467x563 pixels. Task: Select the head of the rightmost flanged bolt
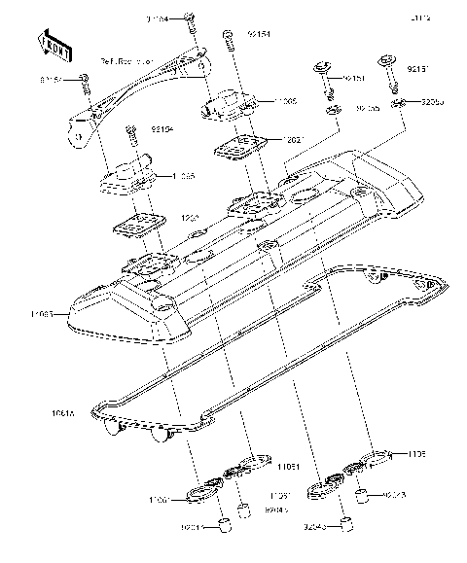click(x=388, y=59)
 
